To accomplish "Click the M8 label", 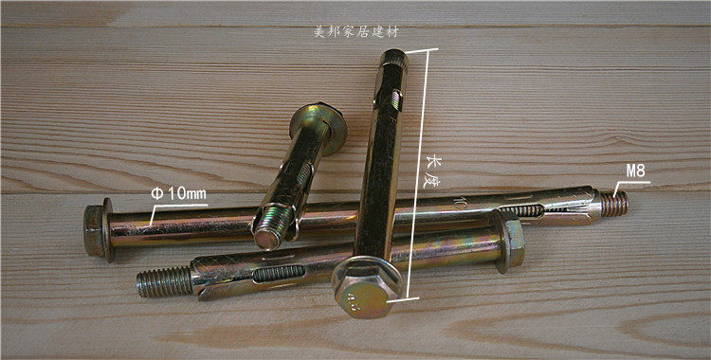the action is (636, 171).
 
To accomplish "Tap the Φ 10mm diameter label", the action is (178, 194).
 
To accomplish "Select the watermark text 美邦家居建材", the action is (356, 32).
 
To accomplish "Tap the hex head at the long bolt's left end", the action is (93, 230).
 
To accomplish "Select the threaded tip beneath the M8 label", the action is (614, 204).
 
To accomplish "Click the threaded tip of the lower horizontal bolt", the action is (164, 281).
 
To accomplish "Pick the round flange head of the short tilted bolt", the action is (319, 127).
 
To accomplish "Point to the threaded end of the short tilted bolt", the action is (271, 229).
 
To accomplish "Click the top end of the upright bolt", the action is (393, 58).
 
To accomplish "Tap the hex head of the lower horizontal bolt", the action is (510, 242).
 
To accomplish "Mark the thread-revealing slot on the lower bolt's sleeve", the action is (279, 274).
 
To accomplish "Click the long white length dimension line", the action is (418, 173).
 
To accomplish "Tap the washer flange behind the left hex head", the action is (108, 229).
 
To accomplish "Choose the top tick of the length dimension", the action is (422, 50).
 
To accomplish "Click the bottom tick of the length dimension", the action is (403, 299).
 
